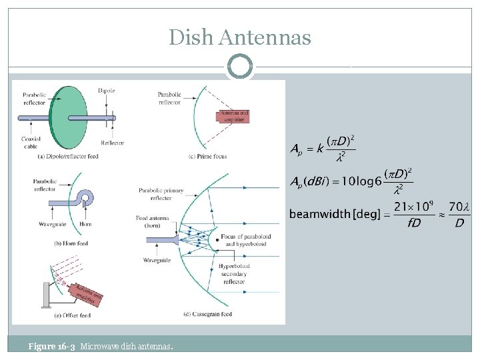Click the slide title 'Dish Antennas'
click(240, 37)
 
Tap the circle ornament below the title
click(240, 67)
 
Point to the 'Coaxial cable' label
click(32, 142)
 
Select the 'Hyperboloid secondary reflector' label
click(233, 273)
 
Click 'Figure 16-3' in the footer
click(51, 346)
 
